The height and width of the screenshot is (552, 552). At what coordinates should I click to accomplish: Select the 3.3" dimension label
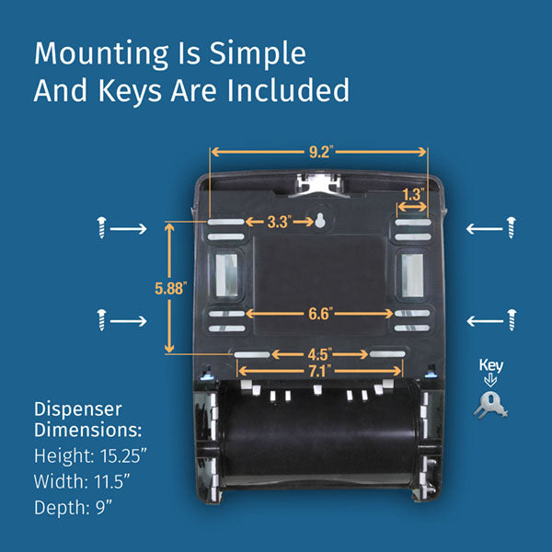tap(279, 222)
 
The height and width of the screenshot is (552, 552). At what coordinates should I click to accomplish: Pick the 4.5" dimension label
tap(319, 353)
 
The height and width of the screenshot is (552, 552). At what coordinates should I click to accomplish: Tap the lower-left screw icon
tap(102, 320)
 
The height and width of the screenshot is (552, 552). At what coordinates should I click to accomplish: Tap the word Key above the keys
tap(491, 364)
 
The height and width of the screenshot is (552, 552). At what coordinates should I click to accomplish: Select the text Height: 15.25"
tap(91, 455)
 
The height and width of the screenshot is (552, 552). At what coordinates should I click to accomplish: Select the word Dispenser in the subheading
tap(77, 408)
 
